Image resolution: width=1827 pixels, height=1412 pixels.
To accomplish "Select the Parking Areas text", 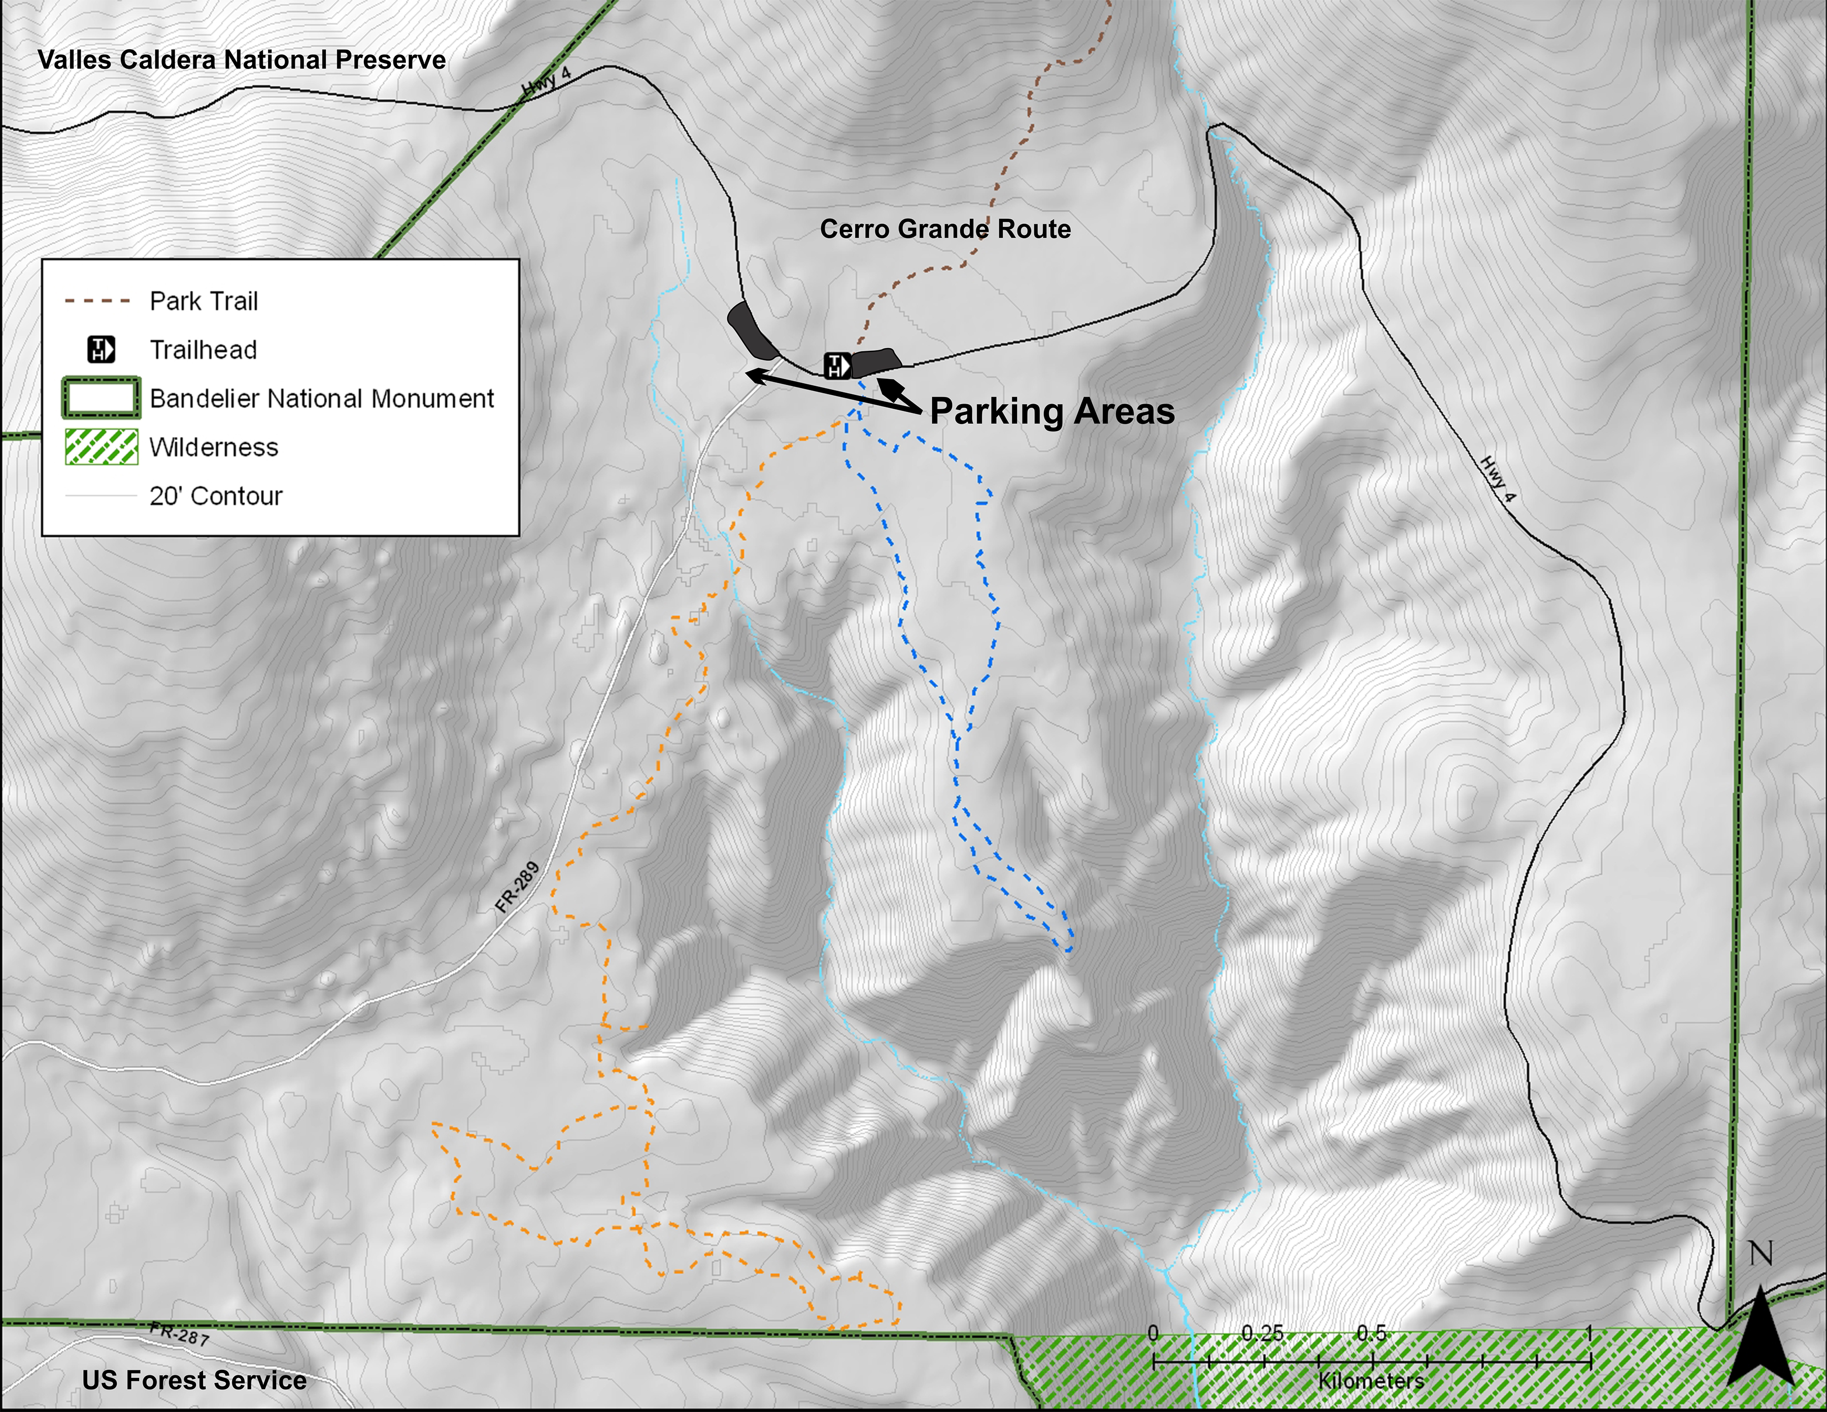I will click(1053, 411).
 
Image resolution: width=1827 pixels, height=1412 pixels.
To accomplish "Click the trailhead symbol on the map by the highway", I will click(837, 366).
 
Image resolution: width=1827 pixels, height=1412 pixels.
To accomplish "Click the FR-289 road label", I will click(517, 887).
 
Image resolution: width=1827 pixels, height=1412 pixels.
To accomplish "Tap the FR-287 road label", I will click(179, 1333).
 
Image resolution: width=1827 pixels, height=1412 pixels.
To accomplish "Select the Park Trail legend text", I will click(204, 301).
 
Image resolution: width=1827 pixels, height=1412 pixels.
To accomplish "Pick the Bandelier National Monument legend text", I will click(322, 399).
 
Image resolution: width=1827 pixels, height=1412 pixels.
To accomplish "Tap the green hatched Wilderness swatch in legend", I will click(101, 447).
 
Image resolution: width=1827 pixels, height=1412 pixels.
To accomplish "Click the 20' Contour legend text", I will click(216, 497).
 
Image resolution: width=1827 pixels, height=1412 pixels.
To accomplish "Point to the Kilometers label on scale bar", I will click(1371, 1380).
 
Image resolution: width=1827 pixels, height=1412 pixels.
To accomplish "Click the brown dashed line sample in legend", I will click(98, 301).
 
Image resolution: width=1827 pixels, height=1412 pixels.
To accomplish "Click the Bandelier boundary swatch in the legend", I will click(101, 399).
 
